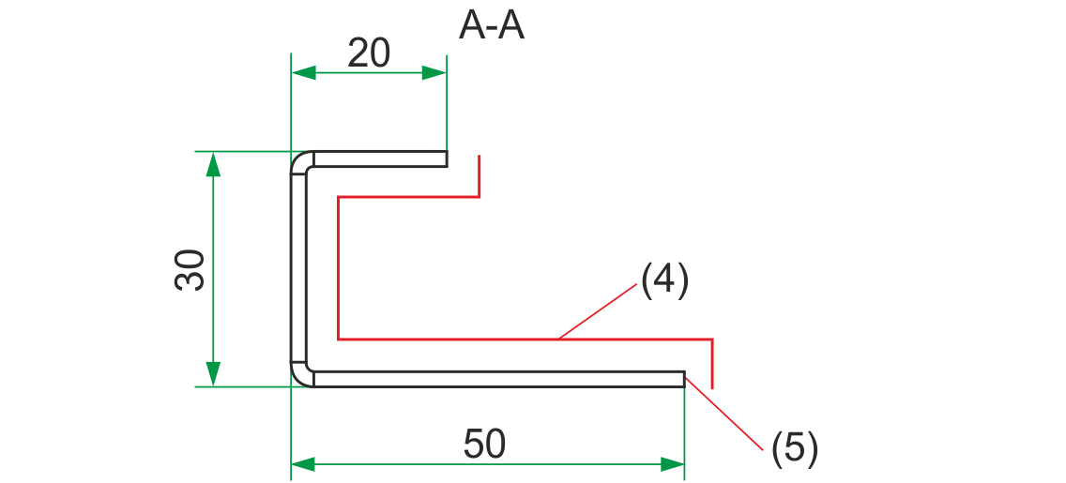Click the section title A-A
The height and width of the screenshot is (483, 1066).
click(491, 27)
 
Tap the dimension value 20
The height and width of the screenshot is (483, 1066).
click(368, 54)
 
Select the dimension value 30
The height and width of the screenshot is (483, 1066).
click(190, 270)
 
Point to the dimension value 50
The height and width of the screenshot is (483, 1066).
click(484, 444)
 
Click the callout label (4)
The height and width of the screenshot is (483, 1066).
click(664, 279)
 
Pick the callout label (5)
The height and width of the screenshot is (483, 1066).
click(795, 448)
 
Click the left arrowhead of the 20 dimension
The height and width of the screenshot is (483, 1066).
click(302, 73)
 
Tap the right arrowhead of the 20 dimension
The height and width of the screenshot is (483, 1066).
click(434, 73)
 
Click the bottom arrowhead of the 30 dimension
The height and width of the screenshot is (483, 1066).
click(213, 374)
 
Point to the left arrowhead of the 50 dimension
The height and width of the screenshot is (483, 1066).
click(302, 463)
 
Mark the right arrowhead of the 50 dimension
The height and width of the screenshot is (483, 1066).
click(673, 463)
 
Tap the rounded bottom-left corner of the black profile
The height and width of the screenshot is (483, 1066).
click(299, 376)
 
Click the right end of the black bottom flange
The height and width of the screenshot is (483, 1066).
click(682, 378)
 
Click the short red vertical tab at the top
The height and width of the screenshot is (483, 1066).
click(480, 176)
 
